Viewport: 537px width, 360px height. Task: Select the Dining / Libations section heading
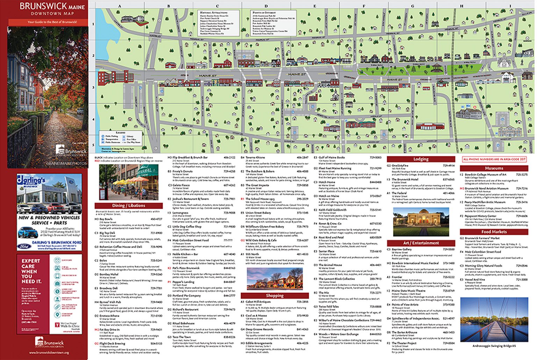tap(128, 206)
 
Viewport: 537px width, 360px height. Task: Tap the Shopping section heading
tap(274, 295)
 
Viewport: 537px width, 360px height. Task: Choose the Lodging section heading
tap(421, 159)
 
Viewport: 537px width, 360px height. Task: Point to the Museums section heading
tap(494, 168)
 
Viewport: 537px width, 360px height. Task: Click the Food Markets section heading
tap(494, 232)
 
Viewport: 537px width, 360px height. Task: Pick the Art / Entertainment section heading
tap(421, 243)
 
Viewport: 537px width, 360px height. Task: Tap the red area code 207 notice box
tap(494, 159)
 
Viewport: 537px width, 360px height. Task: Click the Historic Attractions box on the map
tap(219, 23)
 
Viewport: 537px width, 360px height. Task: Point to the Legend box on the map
tap(121, 137)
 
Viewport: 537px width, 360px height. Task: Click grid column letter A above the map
tap(120, 6)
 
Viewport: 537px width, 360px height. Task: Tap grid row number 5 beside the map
tap(93, 145)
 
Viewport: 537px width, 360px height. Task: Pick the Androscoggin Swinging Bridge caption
tap(494, 346)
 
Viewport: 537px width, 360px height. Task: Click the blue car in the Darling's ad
tap(28, 232)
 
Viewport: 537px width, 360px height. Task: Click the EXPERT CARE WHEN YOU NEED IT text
tap(31, 271)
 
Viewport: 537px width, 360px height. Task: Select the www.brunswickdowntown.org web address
tap(49, 353)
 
